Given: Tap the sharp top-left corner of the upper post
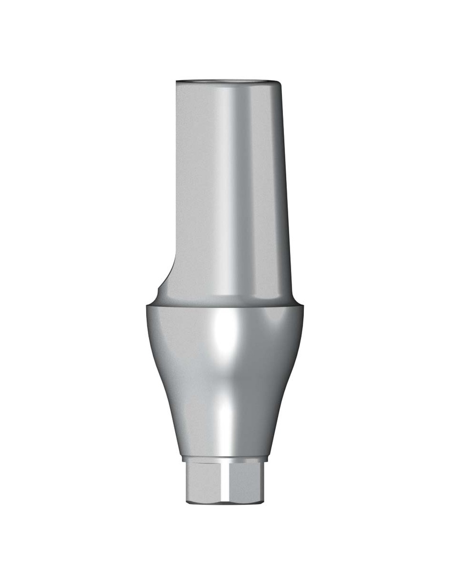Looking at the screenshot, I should [x=177, y=82].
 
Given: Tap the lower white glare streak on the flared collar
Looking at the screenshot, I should [x=225, y=417].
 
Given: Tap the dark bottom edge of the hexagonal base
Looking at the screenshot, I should [x=225, y=503].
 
